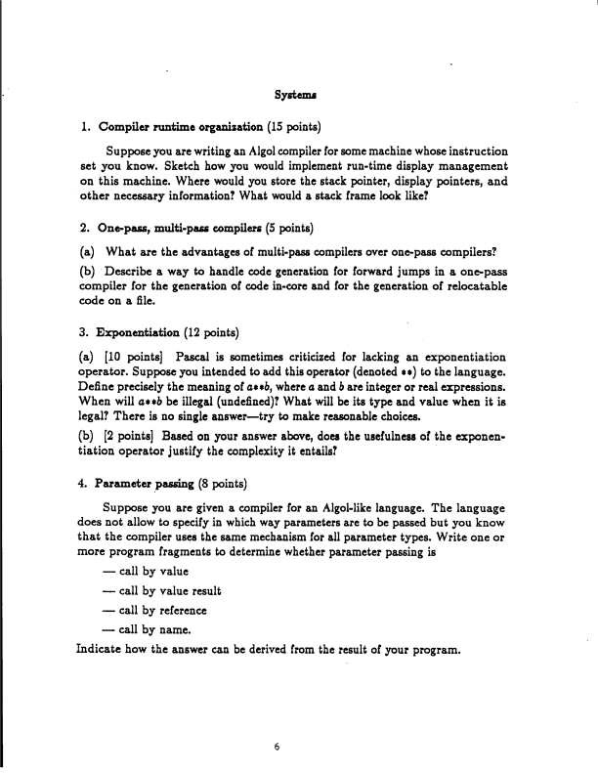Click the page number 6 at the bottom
tap(278, 746)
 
